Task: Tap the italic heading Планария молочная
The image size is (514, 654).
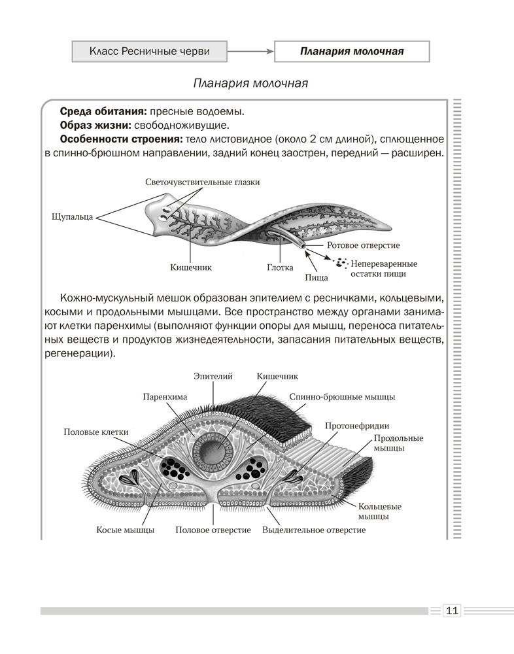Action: coord(250,84)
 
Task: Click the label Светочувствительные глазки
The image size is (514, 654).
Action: coord(202,182)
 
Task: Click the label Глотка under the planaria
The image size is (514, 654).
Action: coord(280,267)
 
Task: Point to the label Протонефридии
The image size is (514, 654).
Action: coord(348,426)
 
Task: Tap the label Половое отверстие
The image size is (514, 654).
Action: coord(213,530)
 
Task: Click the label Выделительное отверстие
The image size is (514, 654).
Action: coord(313,530)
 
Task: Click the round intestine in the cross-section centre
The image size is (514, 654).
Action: coord(214,451)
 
